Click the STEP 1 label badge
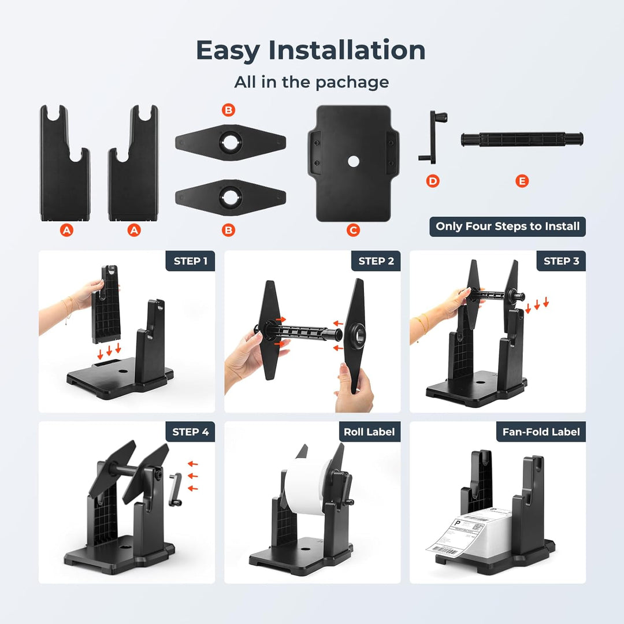click(x=190, y=261)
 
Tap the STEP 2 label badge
click(x=376, y=261)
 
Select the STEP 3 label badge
click(x=561, y=261)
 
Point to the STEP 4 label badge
click(x=190, y=432)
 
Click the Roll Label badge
click(x=369, y=432)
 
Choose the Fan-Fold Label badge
click(x=541, y=432)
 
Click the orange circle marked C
click(x=353, y=230)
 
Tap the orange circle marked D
click(x=433, y=181)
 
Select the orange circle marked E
click(x=522, y=181)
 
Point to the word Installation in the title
click(x=347, y=50)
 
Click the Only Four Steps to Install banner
click(x=507, y=226)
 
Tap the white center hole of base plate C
click(x=353, y=161)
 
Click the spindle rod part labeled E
click(x=522, y=139)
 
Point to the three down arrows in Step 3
click(x=537, y=304)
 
